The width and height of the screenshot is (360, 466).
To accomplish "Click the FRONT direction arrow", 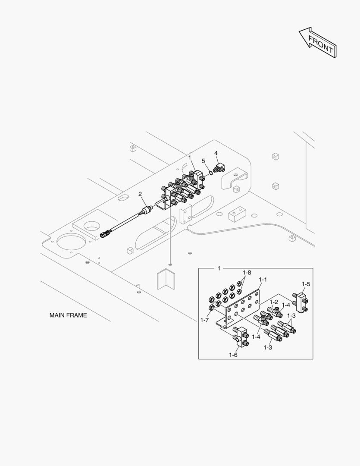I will (x=317, y=42).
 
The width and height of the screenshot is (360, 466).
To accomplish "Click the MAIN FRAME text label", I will (x=68, y=315).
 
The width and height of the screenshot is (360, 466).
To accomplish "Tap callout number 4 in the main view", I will (x=216, y=153).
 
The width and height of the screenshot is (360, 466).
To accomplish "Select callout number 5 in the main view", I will (x=203, y=161).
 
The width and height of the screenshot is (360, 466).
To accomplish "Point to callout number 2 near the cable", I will (x=140, y=194).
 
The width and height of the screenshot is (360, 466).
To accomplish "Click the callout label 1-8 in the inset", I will (x=247, y=272).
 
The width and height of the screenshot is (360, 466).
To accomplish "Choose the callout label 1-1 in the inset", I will (x=263, y=280).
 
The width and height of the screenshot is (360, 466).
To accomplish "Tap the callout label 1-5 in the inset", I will (x=306, y=284).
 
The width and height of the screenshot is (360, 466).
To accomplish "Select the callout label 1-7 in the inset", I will (x=204, y=320).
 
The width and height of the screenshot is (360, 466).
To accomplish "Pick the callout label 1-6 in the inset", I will (x=233, y=355).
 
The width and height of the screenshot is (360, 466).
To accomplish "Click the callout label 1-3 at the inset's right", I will (x=291, y=315).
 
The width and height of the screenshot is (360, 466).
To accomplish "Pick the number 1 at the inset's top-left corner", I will (x=219, y=268).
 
